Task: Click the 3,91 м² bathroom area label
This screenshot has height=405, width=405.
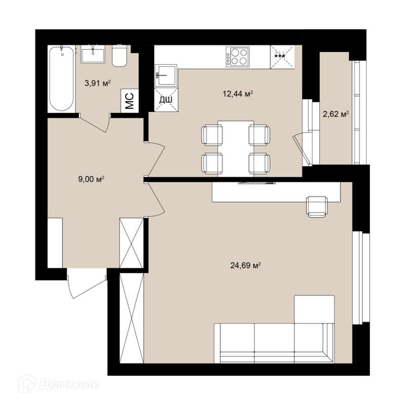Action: tap(98, 83)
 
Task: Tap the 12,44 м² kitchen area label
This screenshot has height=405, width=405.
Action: tap(237, 94)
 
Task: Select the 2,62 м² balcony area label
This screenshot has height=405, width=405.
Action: tap(336, 114)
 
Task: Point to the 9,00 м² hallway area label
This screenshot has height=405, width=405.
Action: tap(91, 179)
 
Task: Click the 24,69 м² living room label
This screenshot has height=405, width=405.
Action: tap(246, 265)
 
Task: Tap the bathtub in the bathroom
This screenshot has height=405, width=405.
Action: tap(61, 78)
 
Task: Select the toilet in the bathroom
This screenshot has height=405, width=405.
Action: tap(119, 56)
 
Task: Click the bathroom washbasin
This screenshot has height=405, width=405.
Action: tap(93, 54)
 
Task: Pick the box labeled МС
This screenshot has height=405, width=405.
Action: tap(130, 101)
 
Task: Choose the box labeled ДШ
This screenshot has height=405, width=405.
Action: tap(166, 100)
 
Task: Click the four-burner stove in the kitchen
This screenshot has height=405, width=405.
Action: tap(237, 57)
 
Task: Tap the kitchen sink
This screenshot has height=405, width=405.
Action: tap(166, 75)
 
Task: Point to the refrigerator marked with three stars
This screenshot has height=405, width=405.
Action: tap(282, 57)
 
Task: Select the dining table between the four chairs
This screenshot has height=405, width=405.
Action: tap(236, 149)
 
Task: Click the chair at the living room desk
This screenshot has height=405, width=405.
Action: tap(317, 206)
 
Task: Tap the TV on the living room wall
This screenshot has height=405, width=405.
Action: tap(257, 183)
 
